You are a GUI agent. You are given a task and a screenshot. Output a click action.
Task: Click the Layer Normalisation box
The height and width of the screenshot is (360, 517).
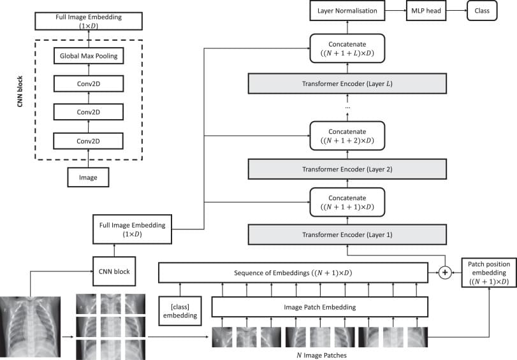[347, 11]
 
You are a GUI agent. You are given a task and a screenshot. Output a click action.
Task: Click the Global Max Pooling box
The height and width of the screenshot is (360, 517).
[89, 57]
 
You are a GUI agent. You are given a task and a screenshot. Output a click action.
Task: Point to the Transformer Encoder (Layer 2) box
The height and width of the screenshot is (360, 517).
[347, 170]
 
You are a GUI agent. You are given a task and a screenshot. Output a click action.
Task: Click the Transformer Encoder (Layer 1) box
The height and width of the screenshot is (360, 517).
[347, 234]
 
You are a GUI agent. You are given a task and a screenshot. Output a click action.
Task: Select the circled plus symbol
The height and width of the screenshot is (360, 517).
[446, 273]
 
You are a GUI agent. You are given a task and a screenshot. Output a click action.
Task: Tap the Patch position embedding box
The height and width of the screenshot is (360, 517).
[488, 273]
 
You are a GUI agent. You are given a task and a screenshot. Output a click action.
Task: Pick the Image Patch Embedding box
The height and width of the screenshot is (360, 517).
[319, 307]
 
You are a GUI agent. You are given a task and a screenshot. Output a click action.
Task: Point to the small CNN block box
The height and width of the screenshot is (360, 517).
[115, 271]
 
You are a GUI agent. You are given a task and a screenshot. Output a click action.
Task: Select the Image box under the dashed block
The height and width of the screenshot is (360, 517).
[89, 177]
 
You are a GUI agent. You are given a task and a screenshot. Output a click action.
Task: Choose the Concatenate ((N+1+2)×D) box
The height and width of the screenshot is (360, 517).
[347, 135]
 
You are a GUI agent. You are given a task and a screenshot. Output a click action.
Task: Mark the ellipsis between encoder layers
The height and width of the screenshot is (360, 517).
[347, 108]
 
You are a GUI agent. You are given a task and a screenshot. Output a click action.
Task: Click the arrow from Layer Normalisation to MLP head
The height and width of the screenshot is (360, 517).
[395, 11]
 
